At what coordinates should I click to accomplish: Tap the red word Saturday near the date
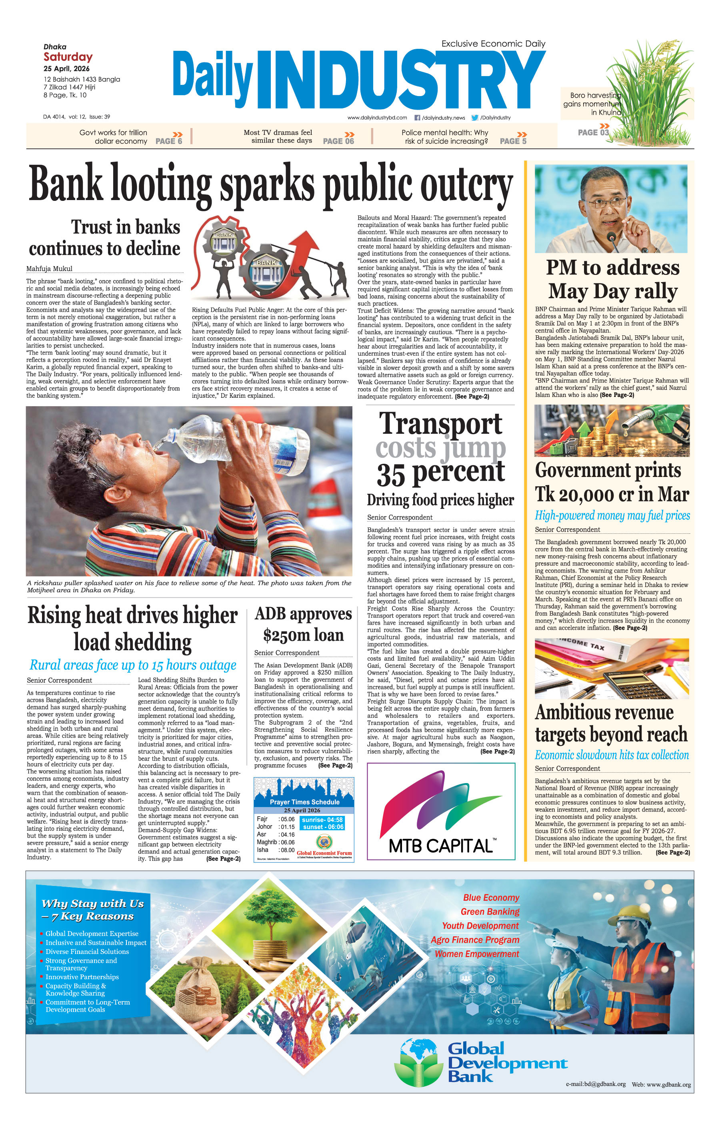click(x=68, y=57)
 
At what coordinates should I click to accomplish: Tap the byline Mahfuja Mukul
click(x=49, y=268)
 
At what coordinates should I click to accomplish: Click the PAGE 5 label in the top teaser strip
click(x=513, y=141)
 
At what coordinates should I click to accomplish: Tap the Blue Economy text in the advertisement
click(x=491, y=898)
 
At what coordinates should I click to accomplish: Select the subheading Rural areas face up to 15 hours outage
click(x=132, y=665)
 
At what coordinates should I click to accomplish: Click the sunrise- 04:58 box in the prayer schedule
click(x=322, y=819)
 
